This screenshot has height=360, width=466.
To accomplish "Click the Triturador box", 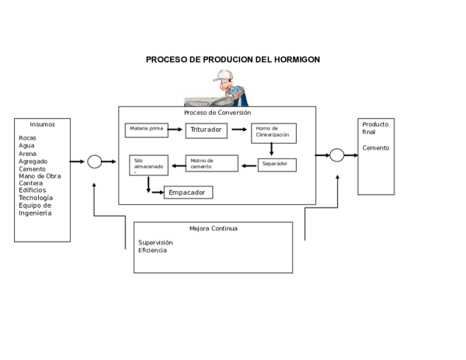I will (x=206, y=130).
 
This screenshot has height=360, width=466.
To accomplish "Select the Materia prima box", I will (x=147, y=130).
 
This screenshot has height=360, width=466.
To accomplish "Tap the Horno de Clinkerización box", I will (x=273, y=133).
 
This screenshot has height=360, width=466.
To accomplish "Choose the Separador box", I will (x=277, y=164).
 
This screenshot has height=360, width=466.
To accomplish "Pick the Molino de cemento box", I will (x=211, y=163).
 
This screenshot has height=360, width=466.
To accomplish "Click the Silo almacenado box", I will (x=147, y=165).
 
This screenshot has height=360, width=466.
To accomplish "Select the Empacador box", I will (x=187, y=192).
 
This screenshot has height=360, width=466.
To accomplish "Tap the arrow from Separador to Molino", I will (x=249, y=164).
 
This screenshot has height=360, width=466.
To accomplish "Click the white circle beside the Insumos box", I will (x=95, y=161).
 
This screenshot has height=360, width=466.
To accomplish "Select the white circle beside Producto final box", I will (x=336, y=155).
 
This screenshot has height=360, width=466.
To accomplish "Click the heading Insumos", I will (x=42, y=124).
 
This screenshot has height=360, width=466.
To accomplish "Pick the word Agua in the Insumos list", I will (x=27, y=146).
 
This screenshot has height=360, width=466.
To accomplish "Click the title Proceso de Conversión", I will (x=217, y=112).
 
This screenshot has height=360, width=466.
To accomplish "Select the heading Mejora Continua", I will (x=214, y=229).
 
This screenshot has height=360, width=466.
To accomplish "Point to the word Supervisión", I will (x=155, y=242).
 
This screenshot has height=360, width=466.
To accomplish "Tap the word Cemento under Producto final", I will (x=375, y=147).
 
